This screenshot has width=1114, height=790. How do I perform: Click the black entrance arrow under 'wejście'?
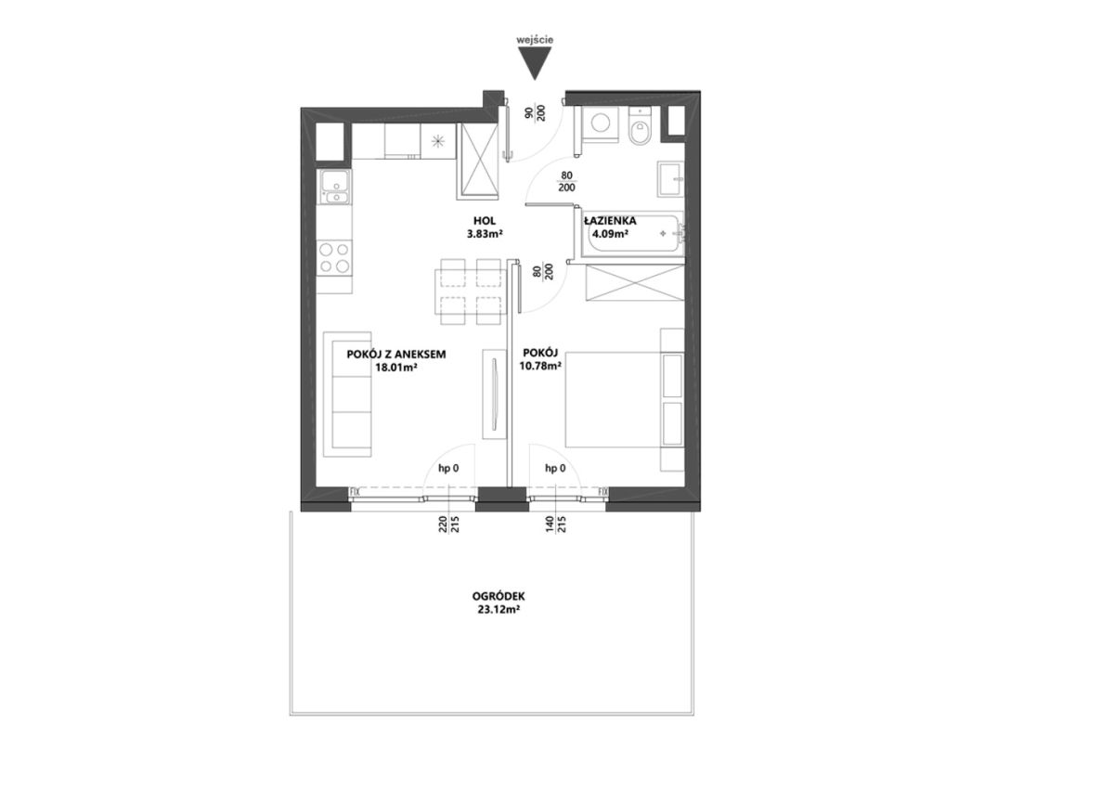pyautogui.click(x=535, y=62)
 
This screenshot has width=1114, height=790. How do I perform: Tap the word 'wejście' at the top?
pyautogui.click(x=535, y=40)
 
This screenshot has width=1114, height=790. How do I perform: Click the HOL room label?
pyautogui.click(x=485, y=221)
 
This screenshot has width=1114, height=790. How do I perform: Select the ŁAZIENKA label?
pyautogui.click(x=610, y=221)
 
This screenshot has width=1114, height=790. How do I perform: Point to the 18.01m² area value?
pyautogui.click(x=395, y=368)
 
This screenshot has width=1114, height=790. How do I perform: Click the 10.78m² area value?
pyautogui.click(x=540, y=367)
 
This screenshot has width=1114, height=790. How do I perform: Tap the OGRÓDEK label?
pyautogui.click(x=499, y=596)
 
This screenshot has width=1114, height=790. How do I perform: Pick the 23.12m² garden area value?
pyautogui.click(x=499, y=610)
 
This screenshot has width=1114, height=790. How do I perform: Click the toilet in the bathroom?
pyautogui.click(x=640, y=126)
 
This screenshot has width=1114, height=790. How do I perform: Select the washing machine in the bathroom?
pyautogui.click(x=601, y=124)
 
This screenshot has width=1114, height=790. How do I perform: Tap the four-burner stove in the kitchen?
pyautogui.click(x=334, y=257)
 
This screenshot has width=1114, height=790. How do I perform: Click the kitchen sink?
pyautogui.click(x=334, y=187)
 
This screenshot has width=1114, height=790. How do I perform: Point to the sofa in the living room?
pyautogui.click(x=347, y=395)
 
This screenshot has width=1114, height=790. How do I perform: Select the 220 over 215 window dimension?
pyautogui.click(x=448, y=525)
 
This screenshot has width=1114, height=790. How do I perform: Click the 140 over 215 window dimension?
pyautogui.click(x=555, y=525)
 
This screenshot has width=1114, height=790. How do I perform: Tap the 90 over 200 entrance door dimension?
pyautogui.click(x=536, y=113)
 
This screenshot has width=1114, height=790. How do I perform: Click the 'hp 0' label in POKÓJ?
pyautogui.click(x=555, y=468)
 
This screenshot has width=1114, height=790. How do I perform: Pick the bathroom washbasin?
pyautogui.click(x=670, y=179)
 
